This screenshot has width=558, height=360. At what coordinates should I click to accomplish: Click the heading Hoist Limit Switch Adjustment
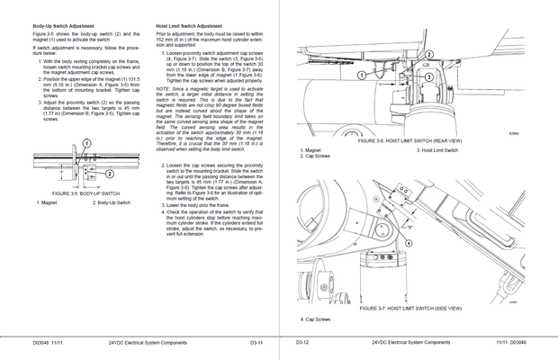click(x=190, y=27)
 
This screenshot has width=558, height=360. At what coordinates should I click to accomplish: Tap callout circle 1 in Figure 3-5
click(x=86, y=144)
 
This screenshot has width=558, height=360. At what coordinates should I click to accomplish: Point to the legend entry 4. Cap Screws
click(x=316, y=319)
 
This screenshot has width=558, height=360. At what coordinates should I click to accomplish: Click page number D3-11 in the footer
click(x=256, y=343)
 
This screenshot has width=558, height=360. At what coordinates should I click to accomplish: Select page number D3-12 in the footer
click(x=303, y=343)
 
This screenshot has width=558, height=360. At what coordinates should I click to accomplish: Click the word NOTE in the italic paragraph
click(x=163, y=88)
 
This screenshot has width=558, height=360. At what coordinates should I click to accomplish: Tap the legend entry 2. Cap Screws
click(x=316, y=156)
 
